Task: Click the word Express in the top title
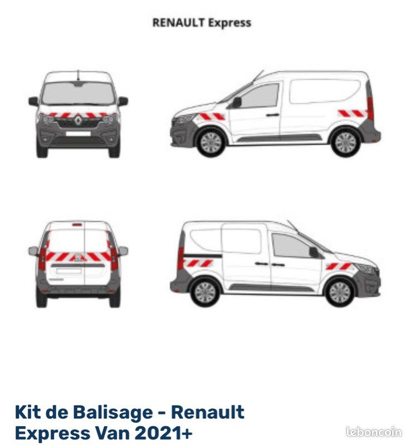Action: click(230, 23)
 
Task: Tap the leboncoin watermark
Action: click(373, 432)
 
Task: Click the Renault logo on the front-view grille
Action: click(78, 118)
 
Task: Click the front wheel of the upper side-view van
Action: click(211, 142)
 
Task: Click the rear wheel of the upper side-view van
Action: click(345, 142)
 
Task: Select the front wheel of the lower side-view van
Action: click(339, 292)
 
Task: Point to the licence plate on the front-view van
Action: click(78, 133)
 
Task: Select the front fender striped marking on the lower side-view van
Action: click(339, 266)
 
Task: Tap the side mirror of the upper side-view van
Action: click(236, 102)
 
